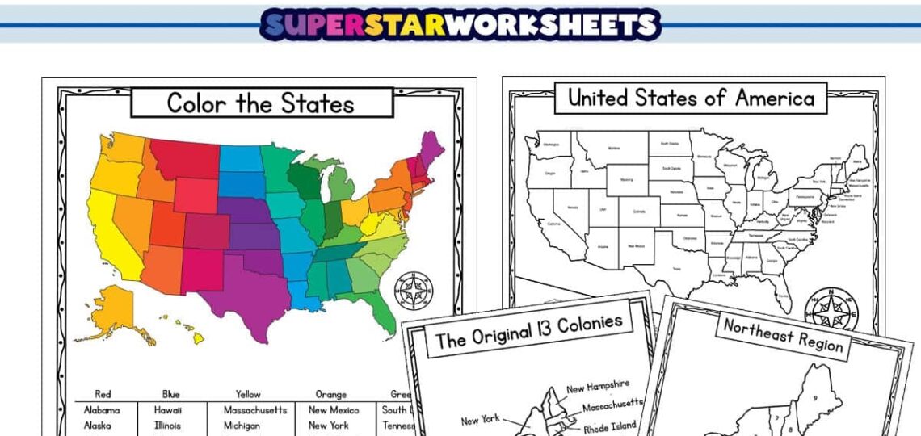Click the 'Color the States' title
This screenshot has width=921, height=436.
click(x=261, y=103)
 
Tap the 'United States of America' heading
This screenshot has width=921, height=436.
click(x=691, y=99)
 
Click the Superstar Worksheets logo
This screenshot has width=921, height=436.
click(x=460, y=24)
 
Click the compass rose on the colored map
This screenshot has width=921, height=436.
click(x=414, y=289)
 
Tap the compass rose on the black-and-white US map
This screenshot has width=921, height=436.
click(x=832, y=307)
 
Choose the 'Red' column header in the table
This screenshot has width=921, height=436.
click(x=103, y=394)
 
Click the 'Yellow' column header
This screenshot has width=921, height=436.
click(x=248, y=394)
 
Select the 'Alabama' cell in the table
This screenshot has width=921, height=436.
click(x=102, y=410)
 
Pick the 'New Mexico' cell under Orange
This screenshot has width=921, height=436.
click(x=333, y=410)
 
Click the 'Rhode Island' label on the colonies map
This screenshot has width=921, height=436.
click(x=609, y=426)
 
